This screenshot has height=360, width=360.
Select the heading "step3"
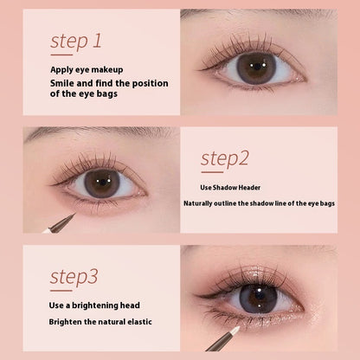coord(74,277)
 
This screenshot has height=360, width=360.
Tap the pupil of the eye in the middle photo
coord(100,183)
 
